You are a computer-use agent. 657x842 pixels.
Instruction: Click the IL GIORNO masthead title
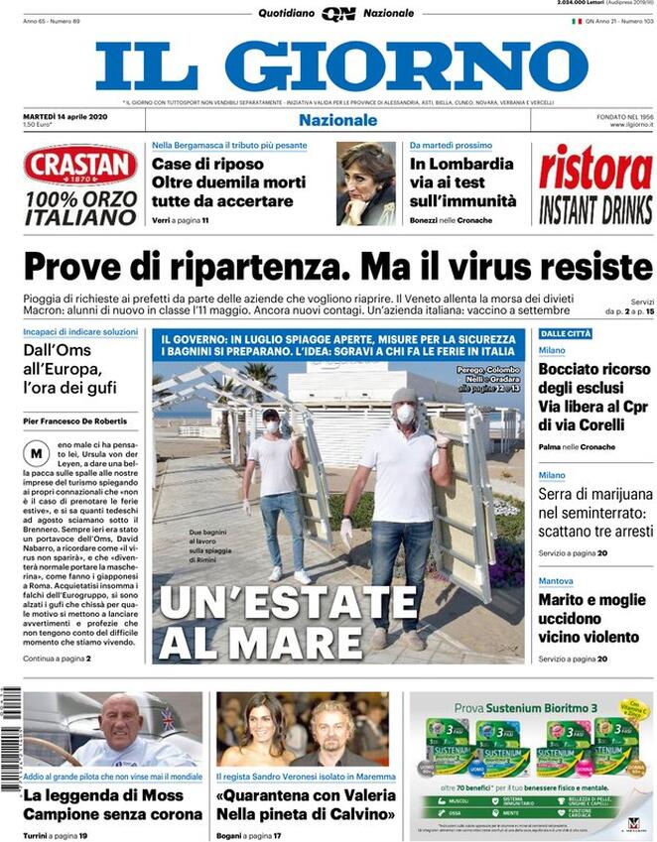(x=341, y=65)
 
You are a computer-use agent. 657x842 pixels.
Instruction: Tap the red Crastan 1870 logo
(x=80, y=166)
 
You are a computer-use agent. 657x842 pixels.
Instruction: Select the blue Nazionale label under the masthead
(x=338, y=120)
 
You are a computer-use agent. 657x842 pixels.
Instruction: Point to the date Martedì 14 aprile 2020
(x=66, y=116)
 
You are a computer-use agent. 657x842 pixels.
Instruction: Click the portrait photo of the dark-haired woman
(x=365, y=183)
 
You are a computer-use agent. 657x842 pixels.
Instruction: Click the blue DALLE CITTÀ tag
(x=566, y=334)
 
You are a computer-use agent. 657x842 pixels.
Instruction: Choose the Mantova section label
(x=556, y=580)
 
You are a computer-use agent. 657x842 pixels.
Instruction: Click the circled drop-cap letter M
(x=37, y=453)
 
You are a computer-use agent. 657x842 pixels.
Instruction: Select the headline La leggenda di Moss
(x=104, y=795)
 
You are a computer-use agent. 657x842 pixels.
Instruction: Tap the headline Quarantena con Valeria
(x=306, y=804)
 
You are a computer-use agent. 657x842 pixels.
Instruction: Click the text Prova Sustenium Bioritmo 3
(x=524, y=708)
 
